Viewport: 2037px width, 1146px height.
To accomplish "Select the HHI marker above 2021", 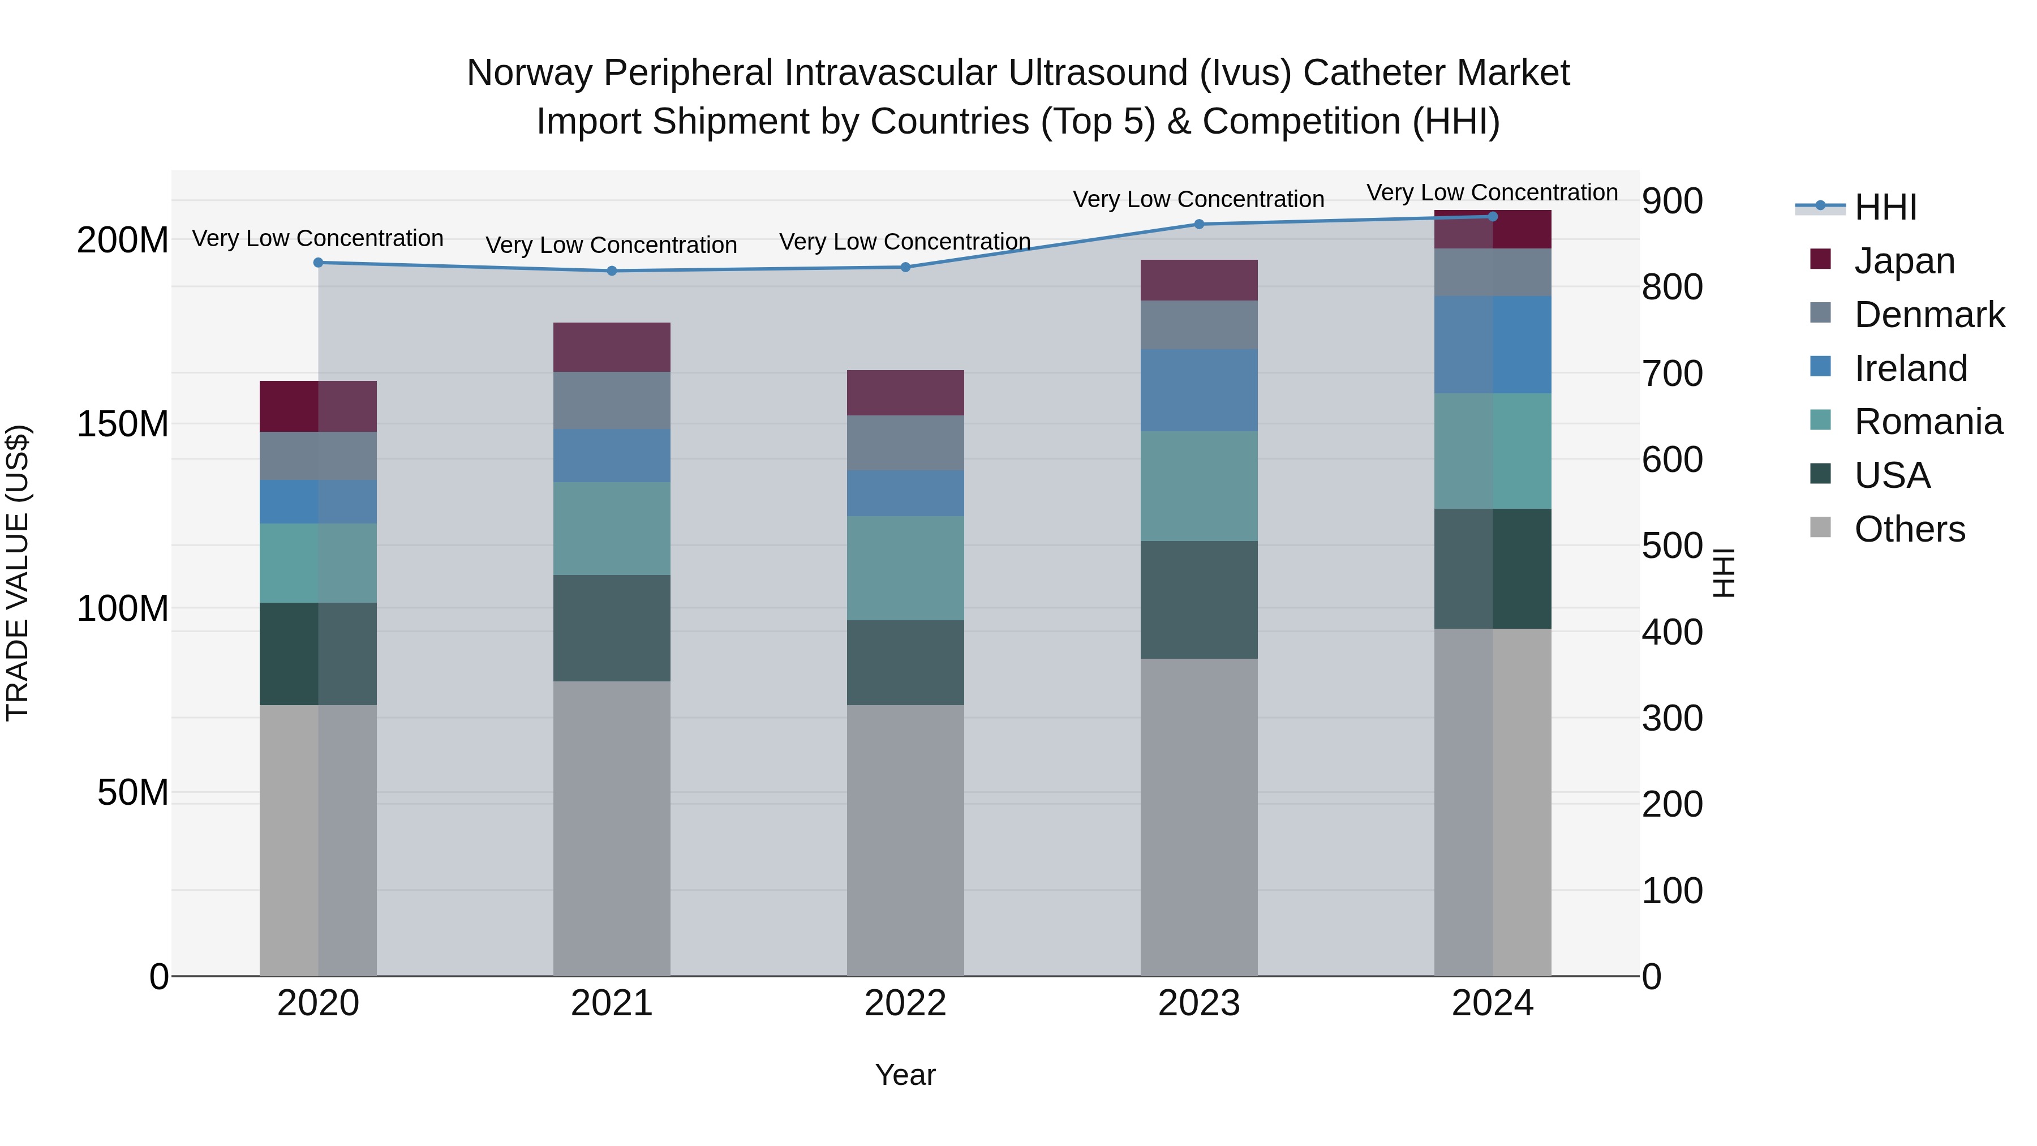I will click(x=611, y=271).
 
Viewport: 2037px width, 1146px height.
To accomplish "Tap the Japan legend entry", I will click(x=1904, y=261).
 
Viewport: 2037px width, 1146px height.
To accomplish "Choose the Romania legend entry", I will click(x=1928, y=422).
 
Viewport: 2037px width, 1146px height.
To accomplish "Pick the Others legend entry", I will click(x=1909, y=529).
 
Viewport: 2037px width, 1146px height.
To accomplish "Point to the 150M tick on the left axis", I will click(x=123, y=424).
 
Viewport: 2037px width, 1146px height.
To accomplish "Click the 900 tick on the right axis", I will click(x=1671, y=201).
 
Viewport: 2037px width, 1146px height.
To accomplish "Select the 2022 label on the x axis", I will click(x=905, y=1003).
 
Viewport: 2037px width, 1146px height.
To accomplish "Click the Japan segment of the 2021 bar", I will click(x=611, y=347).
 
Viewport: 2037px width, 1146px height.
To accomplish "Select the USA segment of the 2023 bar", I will click(x=1199, y=599).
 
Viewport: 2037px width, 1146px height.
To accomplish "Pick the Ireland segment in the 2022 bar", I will click(x=905, y=493).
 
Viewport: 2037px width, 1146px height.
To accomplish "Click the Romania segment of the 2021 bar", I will click(x=611, y=529).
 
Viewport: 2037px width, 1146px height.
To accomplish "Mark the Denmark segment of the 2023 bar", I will click(x=1199, y=325).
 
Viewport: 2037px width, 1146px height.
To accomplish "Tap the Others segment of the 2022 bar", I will click(x=905, y=840).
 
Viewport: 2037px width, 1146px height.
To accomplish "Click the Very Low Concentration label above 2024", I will click(x=1492, y=193).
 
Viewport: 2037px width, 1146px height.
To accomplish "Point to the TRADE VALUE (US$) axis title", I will click(x=18, y=573).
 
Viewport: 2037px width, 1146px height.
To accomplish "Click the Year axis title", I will click(x=905, y=1075).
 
